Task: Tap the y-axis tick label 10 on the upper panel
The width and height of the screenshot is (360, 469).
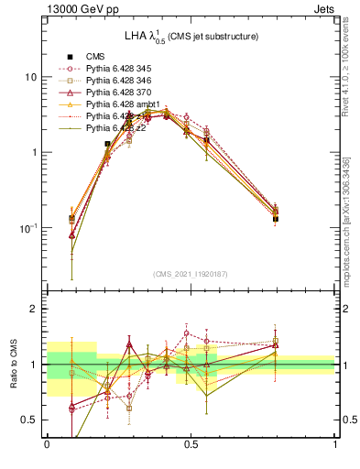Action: tap(30, 77)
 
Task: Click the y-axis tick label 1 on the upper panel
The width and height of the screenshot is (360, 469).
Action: tap(34, 152)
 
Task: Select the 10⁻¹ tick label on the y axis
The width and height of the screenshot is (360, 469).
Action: tap(27, 227)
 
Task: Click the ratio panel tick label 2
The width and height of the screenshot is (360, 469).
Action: tap(34, 310)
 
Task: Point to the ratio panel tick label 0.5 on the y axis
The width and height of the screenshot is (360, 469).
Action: tap(28, 420)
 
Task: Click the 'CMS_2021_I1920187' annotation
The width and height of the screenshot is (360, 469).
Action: tap(190, 274)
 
